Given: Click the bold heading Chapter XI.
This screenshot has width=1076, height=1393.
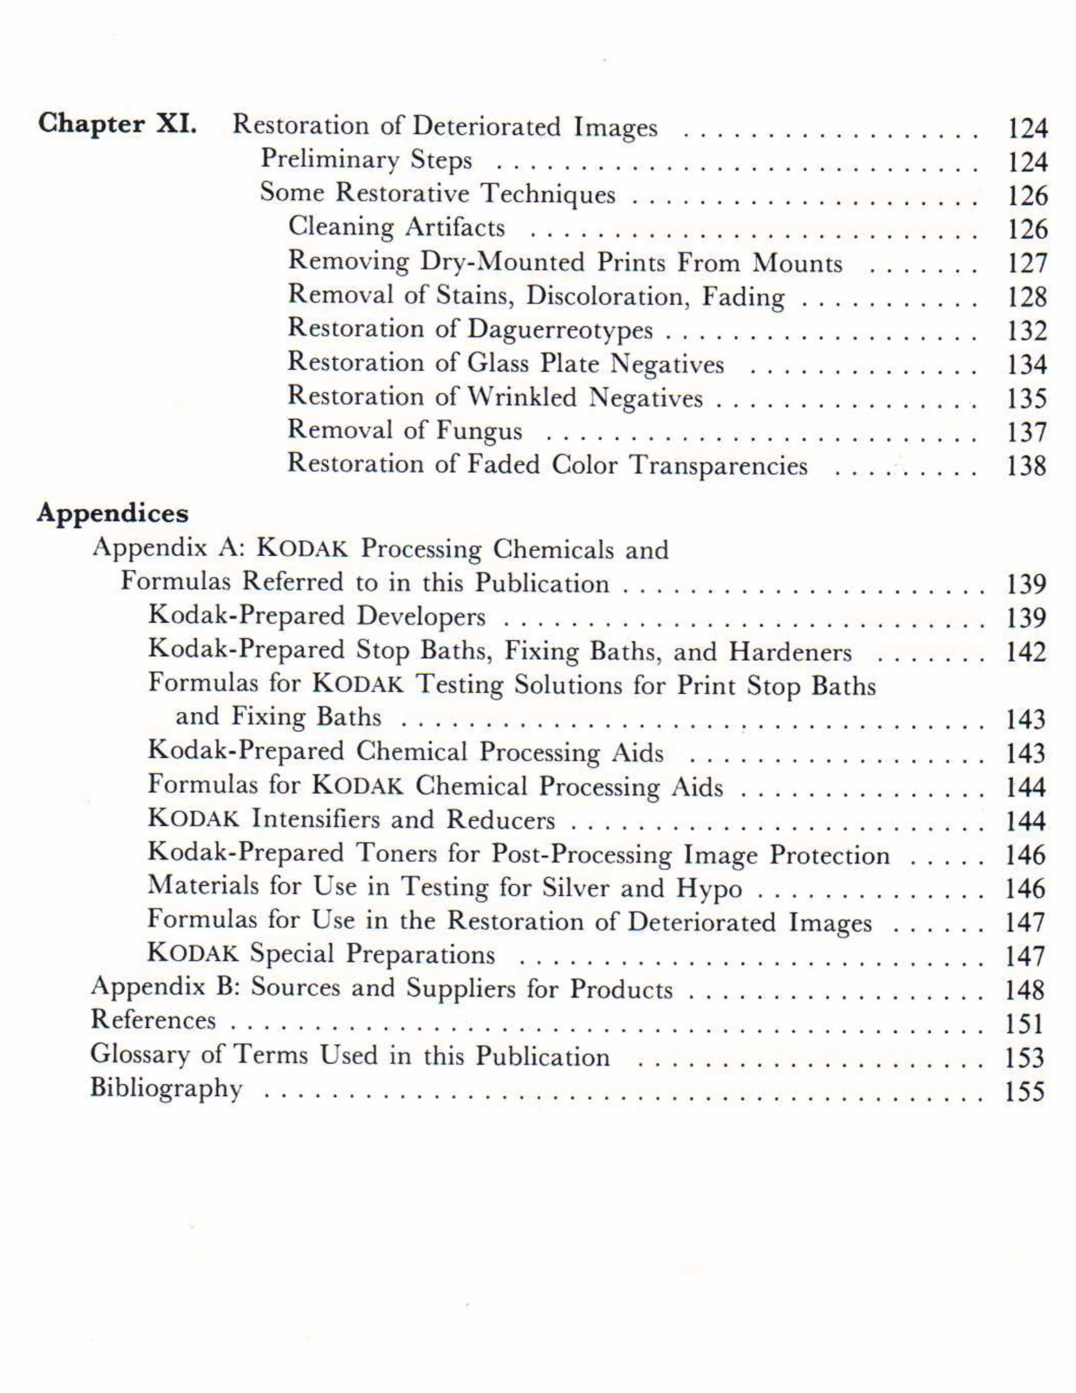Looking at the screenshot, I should (x=117, y=124).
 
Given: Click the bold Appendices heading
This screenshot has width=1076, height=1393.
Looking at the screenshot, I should (x=113, y=514).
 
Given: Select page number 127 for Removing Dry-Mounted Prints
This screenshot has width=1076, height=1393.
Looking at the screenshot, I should (x=1027, y=263).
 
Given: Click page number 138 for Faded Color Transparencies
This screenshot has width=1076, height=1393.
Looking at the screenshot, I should (x=1027, y=466).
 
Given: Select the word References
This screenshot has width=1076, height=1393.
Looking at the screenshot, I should (x=153, y=1020).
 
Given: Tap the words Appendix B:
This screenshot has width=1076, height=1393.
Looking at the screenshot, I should (x=165, y=987).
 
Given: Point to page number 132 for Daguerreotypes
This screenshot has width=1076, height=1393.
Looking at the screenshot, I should (x=1027, y=331).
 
